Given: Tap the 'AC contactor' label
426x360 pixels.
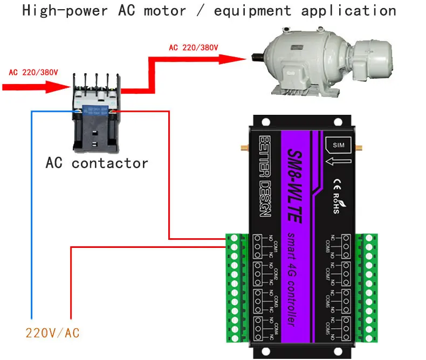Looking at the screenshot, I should point(97,163).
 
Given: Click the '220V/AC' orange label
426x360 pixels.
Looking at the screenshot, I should point(52,333).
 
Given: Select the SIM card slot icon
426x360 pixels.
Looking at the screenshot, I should point(338,144).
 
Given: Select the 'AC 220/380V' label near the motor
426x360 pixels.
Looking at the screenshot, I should point(194,47).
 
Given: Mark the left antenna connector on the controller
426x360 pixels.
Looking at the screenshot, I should point(242,146).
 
